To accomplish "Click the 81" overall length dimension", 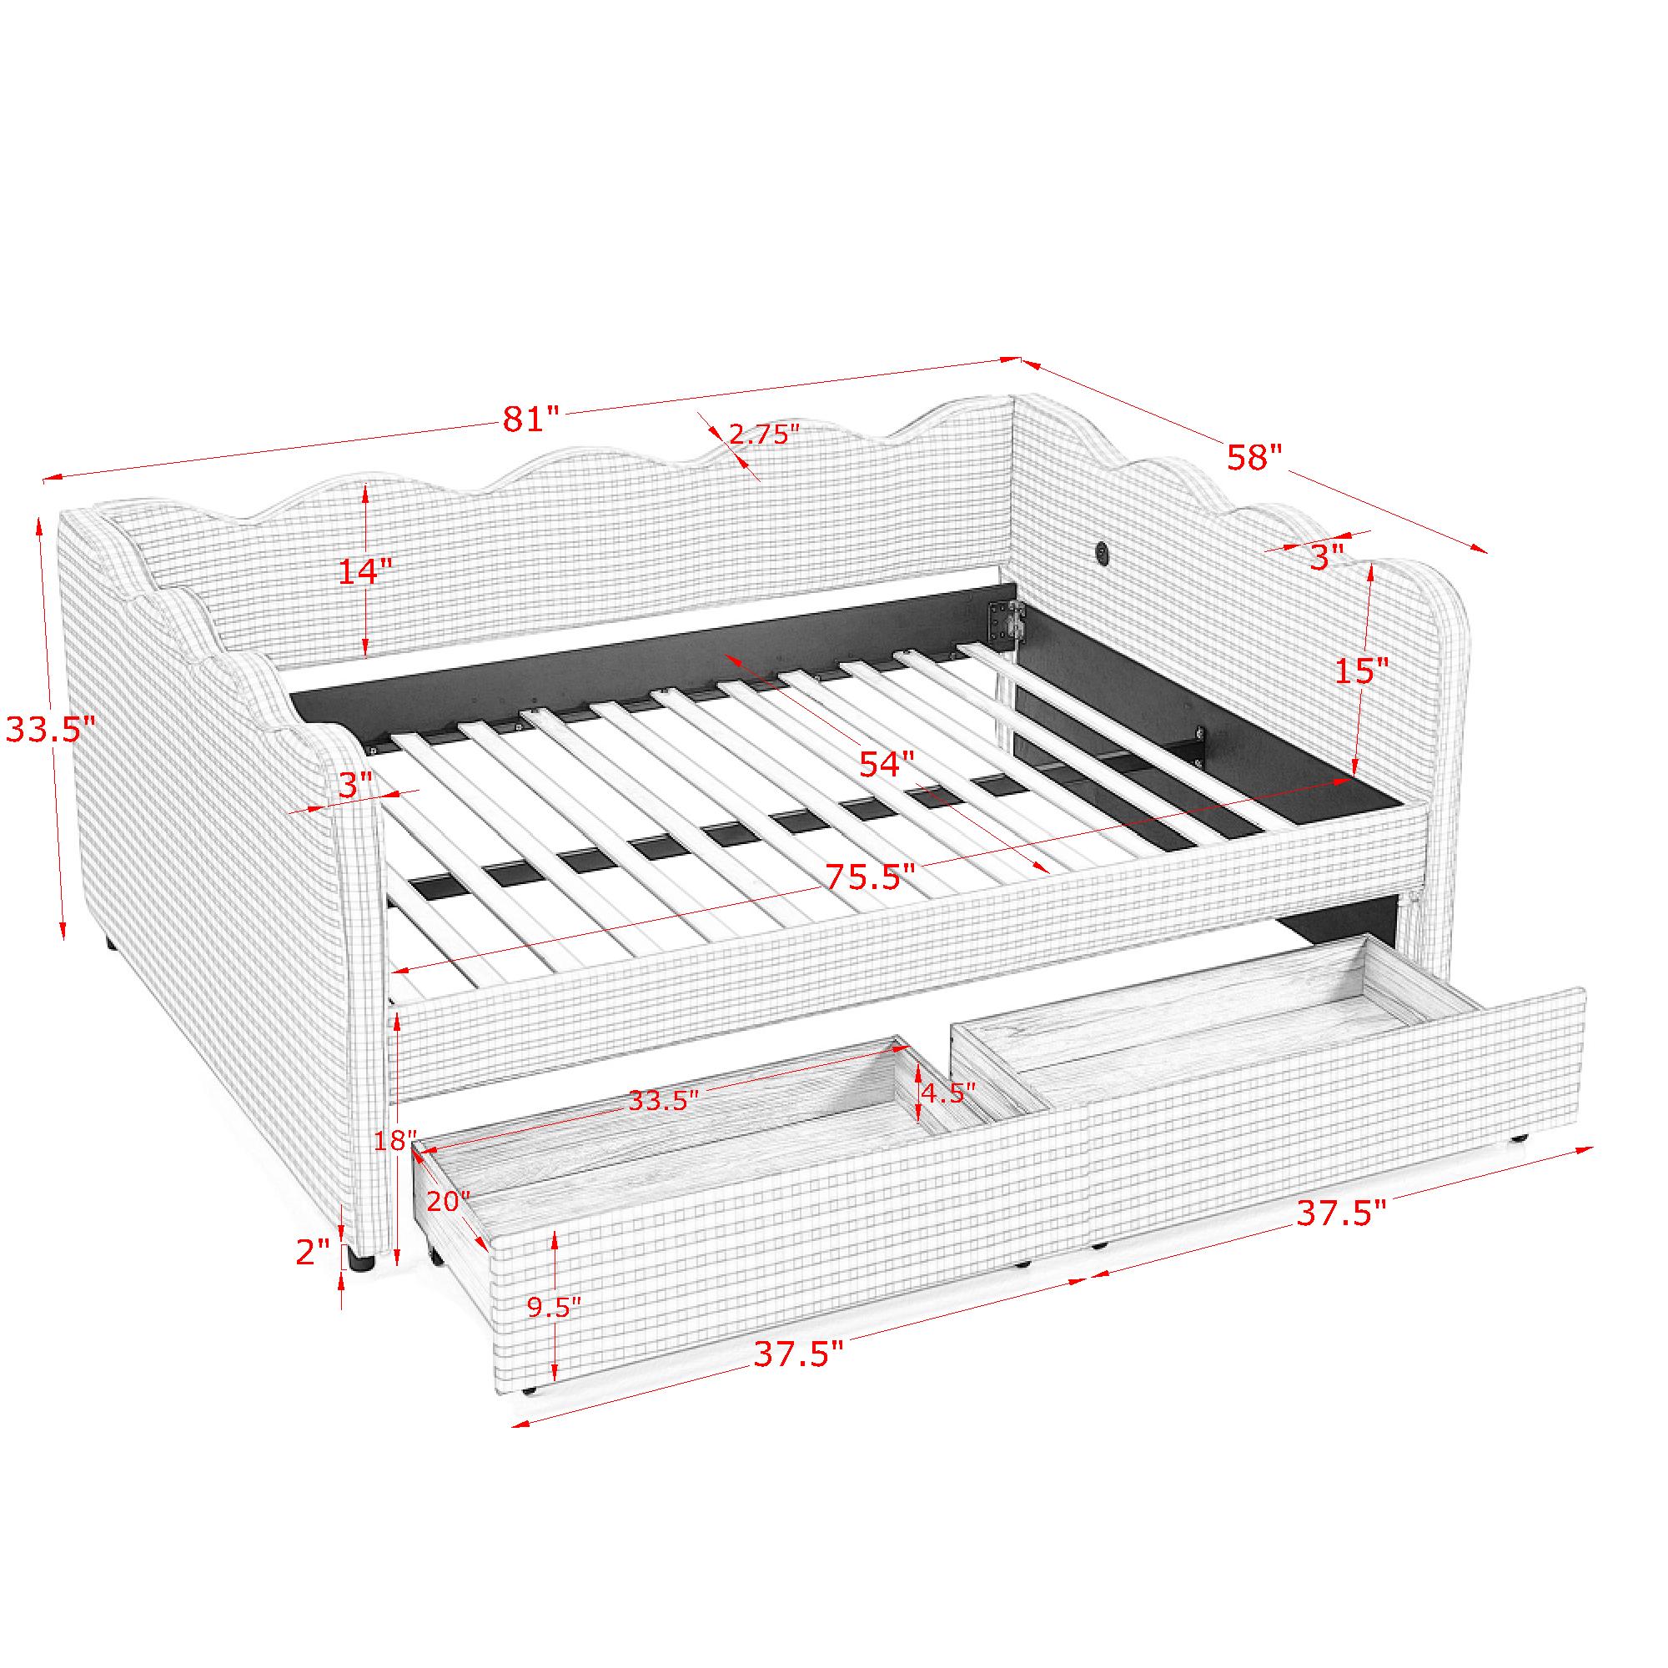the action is coord(532,420).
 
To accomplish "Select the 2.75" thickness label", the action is coord(760,435).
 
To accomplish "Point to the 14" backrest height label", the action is coord(364,571).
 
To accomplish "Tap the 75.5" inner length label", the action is coord(869,877).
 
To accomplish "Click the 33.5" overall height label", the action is coord(50,730).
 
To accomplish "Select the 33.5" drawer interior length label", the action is coord(663,1101).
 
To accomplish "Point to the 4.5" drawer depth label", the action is coord(949,1093).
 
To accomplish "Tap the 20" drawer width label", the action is coord(447,1202).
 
